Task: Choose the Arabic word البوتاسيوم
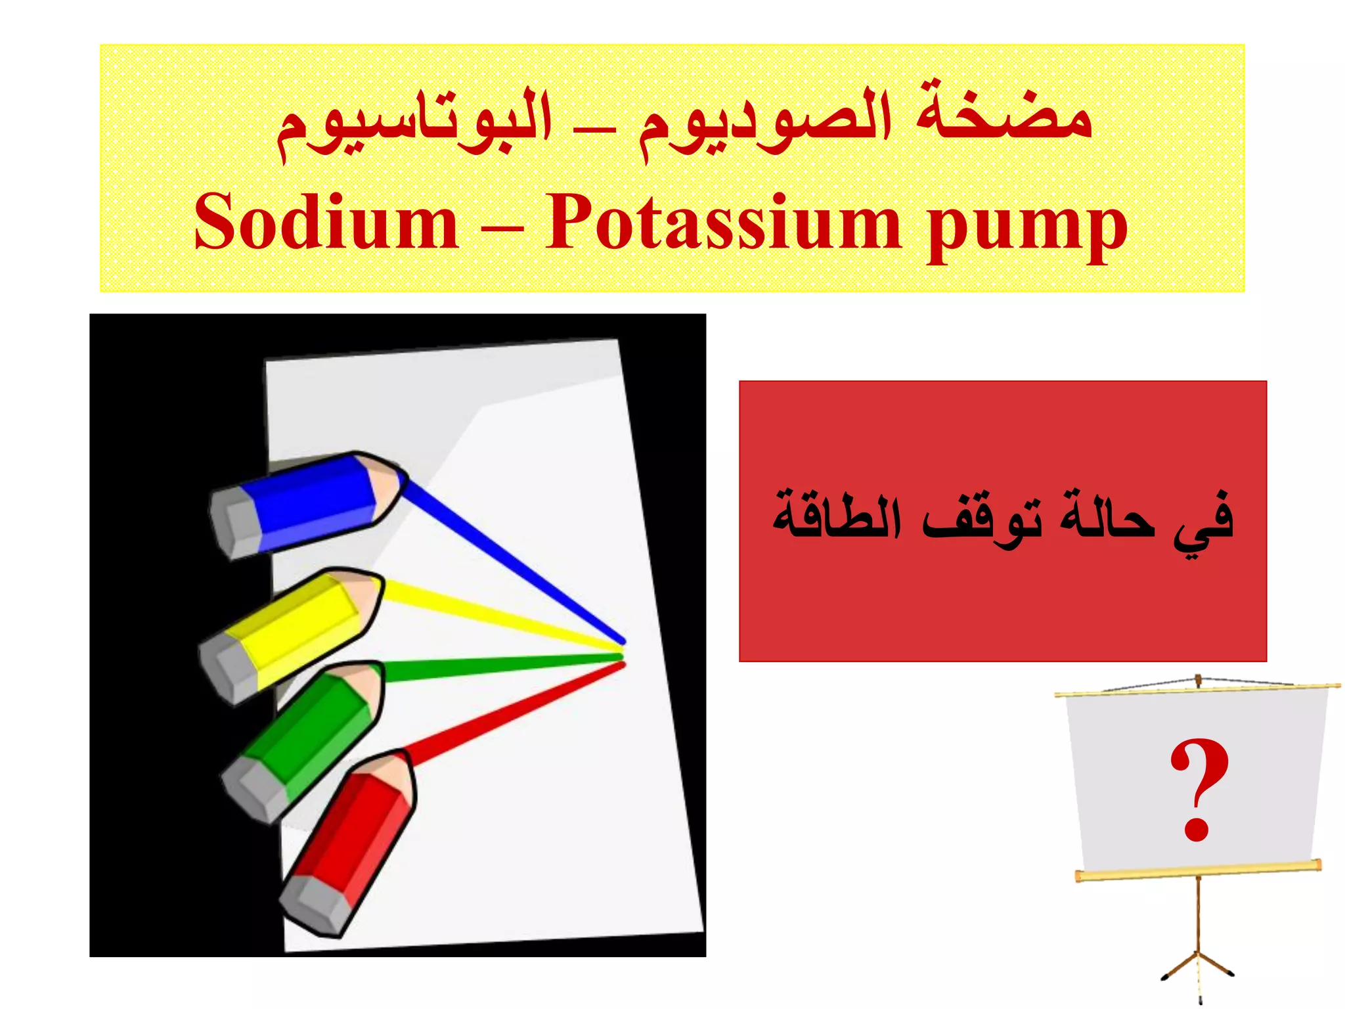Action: tap(414, 125)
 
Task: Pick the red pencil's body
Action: tap(355, 828)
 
